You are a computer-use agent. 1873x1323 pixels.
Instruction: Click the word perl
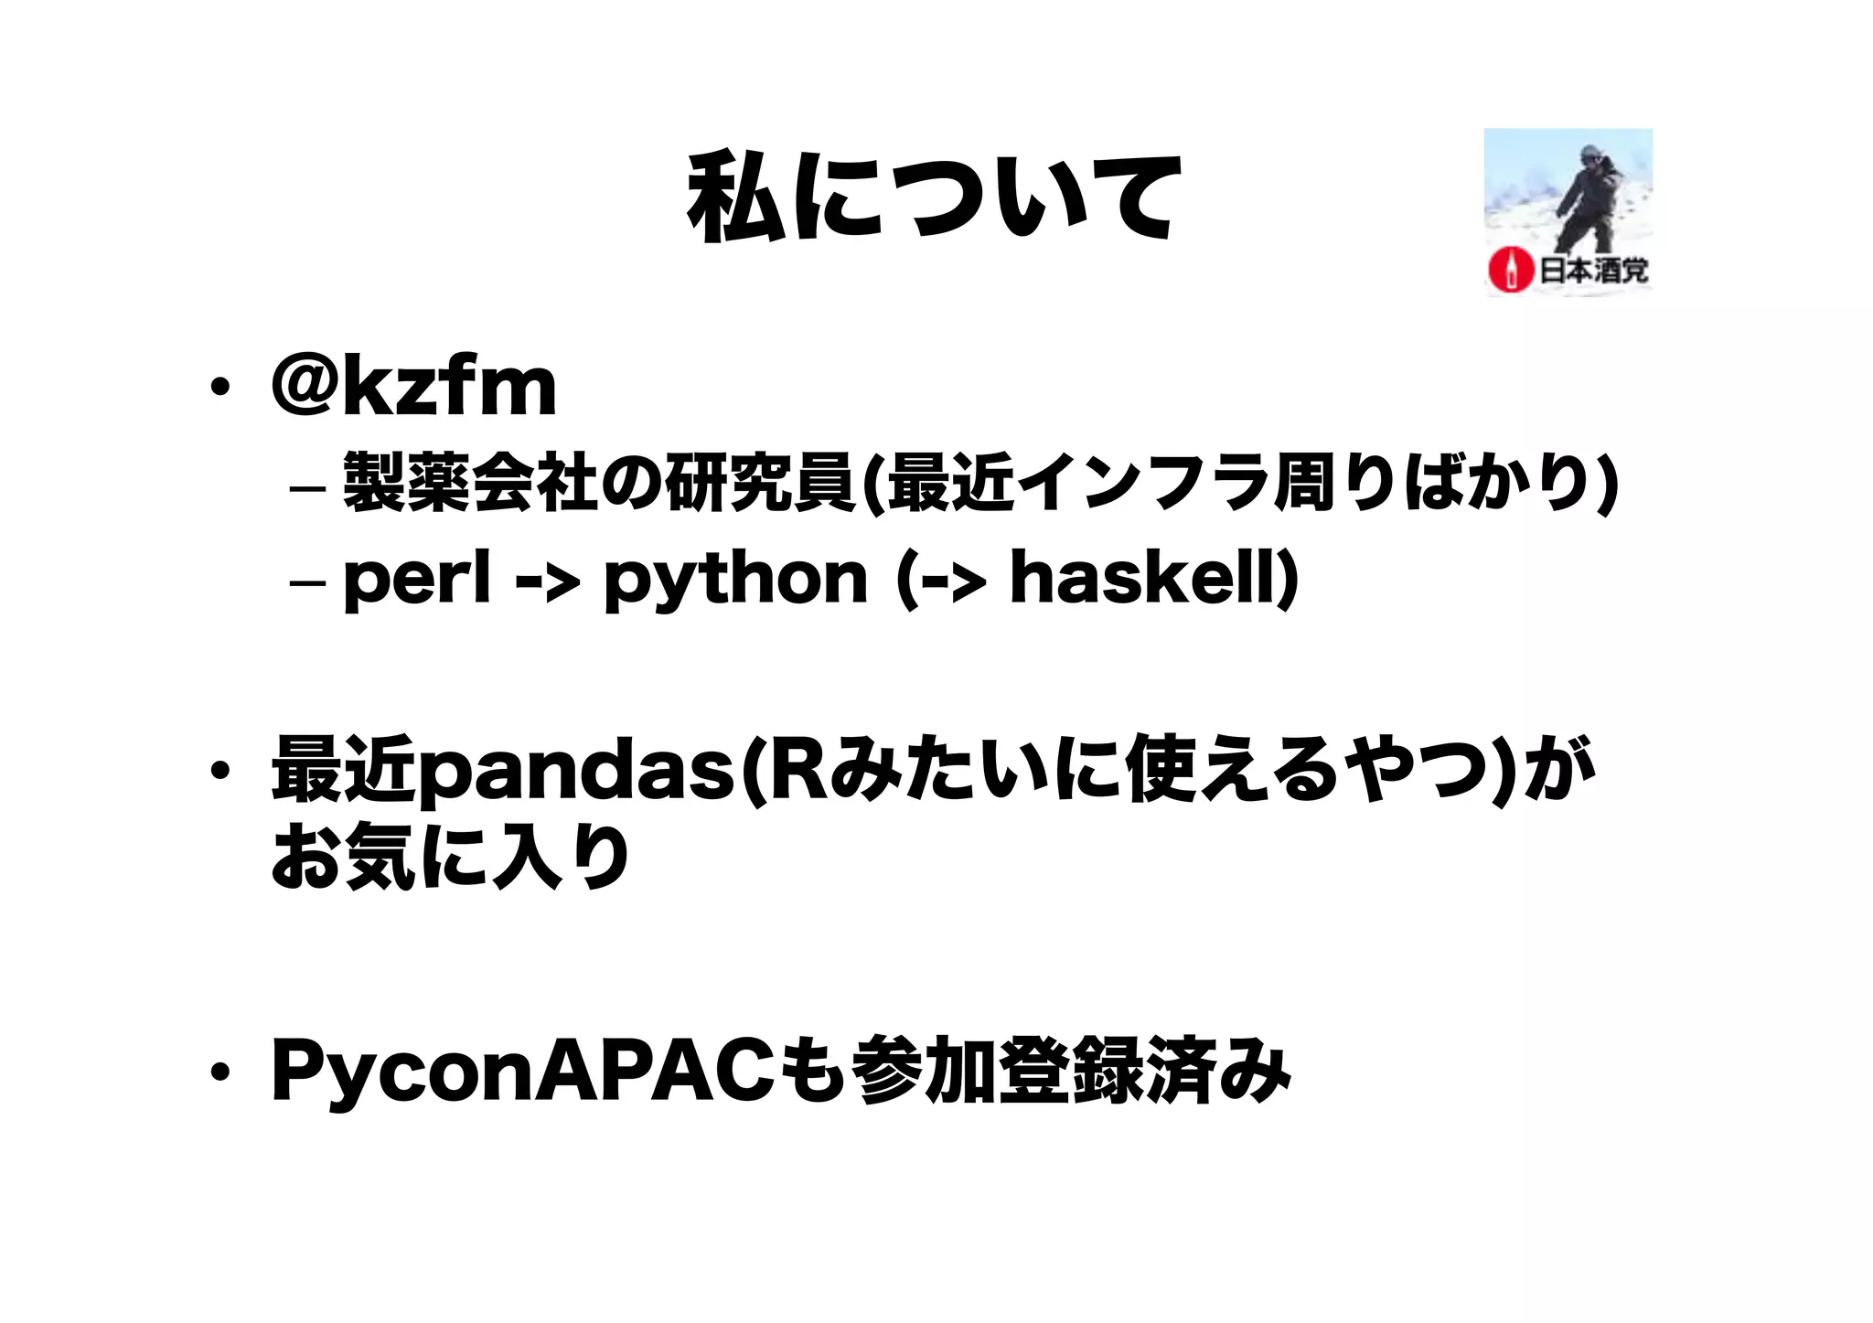click(417, 580)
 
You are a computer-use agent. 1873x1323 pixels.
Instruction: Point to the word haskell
click(1143, 580)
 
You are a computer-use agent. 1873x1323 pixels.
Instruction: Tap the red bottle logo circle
click(1510, 270)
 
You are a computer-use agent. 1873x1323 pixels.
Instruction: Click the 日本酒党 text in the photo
click(1593, 271)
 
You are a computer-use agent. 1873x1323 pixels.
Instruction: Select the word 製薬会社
click(471, 483)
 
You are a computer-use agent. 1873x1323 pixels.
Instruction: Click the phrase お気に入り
click(451, 857)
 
